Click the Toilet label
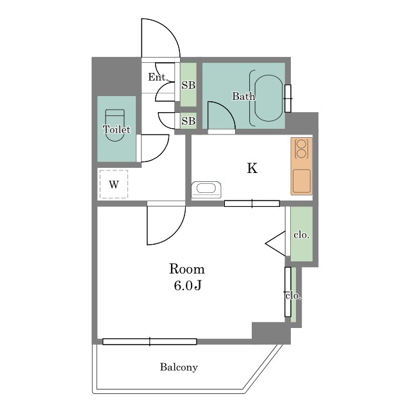coord(117,129)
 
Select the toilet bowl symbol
coord(115,126)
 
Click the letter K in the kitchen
coord(252,168)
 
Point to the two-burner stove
coord(302,149)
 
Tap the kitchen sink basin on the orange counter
coord(302,181)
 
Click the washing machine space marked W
coord(114,184)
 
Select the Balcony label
coord(179,367)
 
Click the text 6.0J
coord(188,286)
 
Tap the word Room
coord(187,269)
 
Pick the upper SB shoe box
coord(188,85)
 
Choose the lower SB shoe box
coord(188,120)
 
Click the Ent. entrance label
coord(158,77)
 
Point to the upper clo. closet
coord(302,234)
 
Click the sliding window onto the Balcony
coord(149,341)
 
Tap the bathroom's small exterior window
coord(288,98)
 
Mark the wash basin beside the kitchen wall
coord(206,190)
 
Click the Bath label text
coord(243,96)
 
